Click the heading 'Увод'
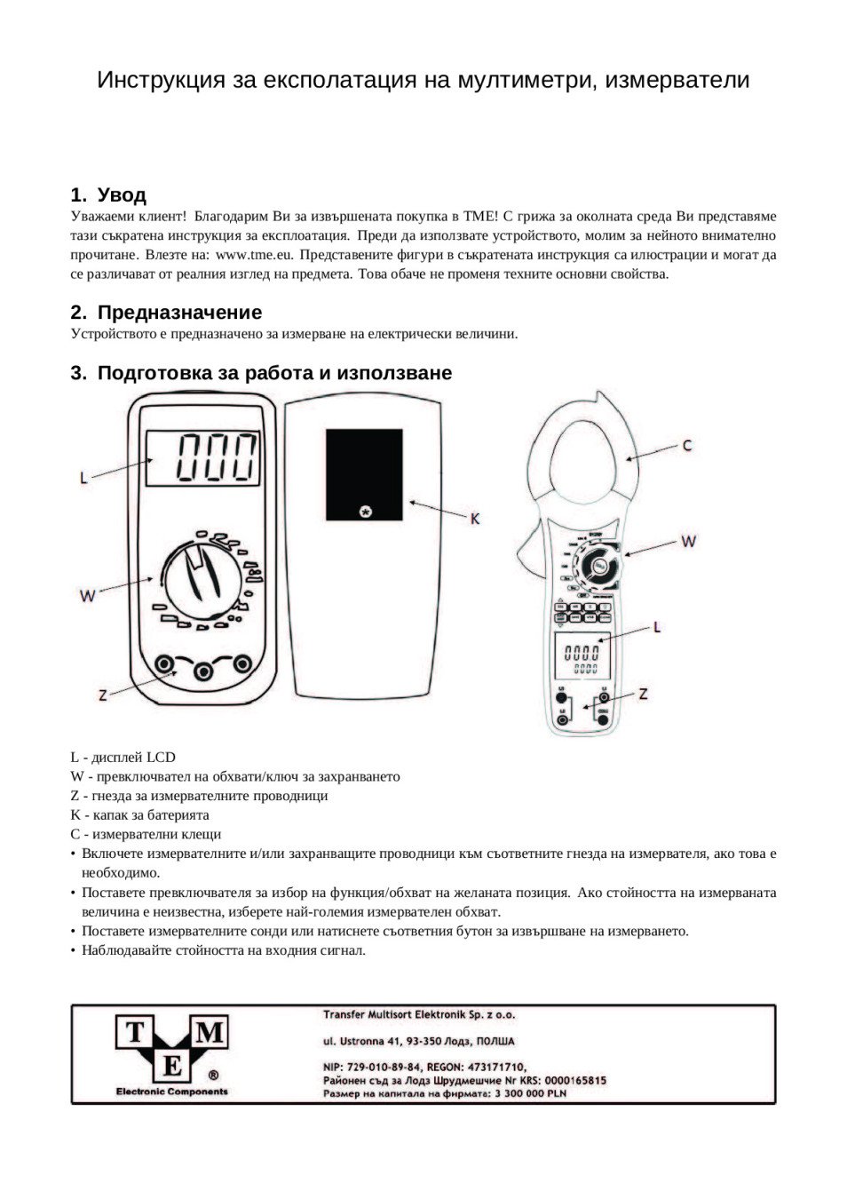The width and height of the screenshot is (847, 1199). click(122, 195)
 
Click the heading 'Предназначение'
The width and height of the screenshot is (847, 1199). click(179, 313)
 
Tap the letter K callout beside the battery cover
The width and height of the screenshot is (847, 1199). click(475, 518)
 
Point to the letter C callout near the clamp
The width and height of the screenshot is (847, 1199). click(687, 446)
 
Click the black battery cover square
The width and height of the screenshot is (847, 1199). click(364, 475)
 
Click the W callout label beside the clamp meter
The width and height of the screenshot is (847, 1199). click(688, 540)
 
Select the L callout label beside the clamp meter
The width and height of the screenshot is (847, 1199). click(657, 627)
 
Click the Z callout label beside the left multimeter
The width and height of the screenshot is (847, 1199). click(103, 695)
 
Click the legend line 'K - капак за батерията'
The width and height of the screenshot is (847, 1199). click(140, 814)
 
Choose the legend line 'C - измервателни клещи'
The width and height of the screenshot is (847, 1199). click(146, 834)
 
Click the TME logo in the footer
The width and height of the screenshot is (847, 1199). click(171, 1054)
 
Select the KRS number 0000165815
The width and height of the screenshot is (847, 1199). click(573, 1080)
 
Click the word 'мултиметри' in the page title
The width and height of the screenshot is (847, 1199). click(527, 80)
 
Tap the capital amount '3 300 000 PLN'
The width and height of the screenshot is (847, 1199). click(530, 1093)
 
